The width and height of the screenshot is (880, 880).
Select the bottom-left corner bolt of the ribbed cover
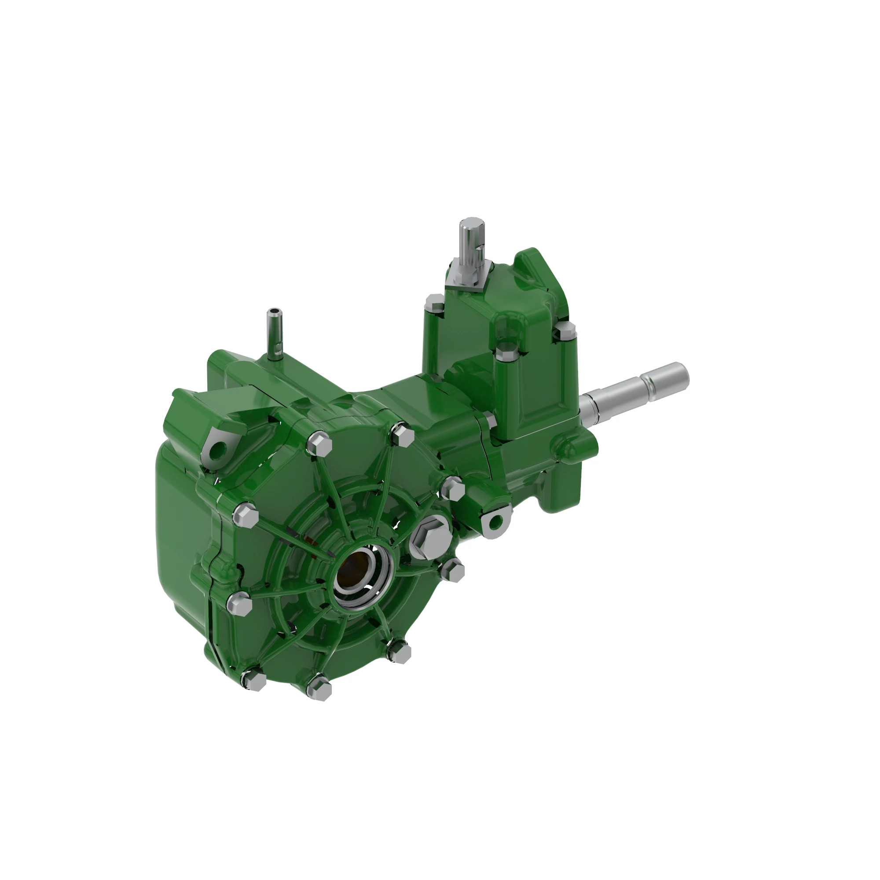253,680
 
